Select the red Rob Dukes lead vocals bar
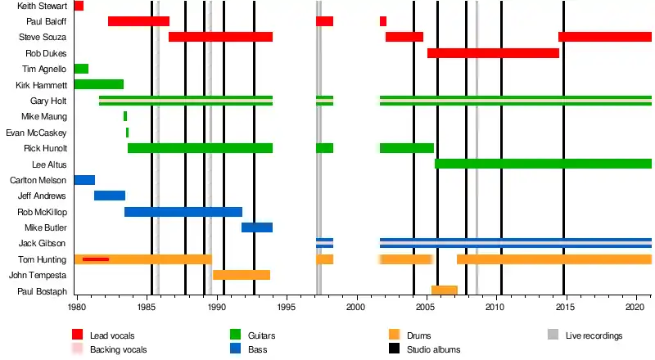493,53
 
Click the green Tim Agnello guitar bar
81,69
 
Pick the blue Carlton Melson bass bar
84,180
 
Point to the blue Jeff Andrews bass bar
110,196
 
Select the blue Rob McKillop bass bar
183,212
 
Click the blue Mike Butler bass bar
257,227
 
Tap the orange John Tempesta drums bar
242,275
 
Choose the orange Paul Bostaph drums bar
445,290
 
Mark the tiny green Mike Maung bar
125,116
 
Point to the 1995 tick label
287,308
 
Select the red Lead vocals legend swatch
78,335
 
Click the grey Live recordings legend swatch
553,335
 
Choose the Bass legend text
258,349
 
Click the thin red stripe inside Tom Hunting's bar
96,259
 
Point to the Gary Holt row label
48,101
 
